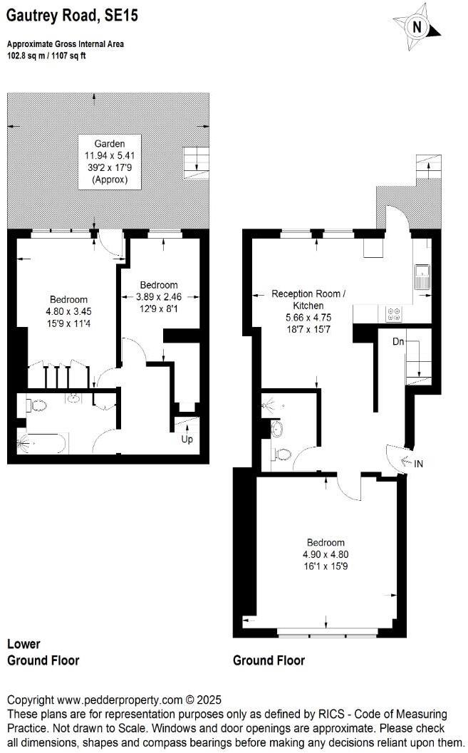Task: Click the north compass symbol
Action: point(417,26)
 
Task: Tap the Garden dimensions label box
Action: point(109,162)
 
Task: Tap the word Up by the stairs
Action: point(187,439)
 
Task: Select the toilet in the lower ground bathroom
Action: point(36,406)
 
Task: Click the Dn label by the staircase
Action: point(399,341)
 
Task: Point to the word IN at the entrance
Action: point(419,464)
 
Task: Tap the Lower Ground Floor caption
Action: point(43,652)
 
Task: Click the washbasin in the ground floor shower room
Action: point(277,429)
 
